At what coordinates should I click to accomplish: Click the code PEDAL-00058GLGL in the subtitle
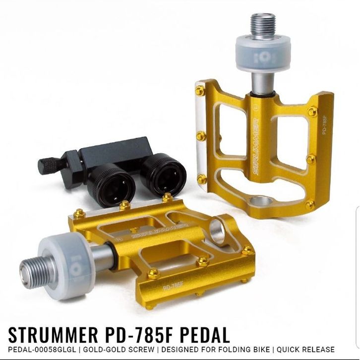click(x=42, y=350)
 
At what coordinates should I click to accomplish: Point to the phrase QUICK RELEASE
click(x=305, y=350)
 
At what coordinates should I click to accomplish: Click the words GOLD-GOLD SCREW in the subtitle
click(x=119, y=350)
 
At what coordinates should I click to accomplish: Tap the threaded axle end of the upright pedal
click(x=263, y=25)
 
